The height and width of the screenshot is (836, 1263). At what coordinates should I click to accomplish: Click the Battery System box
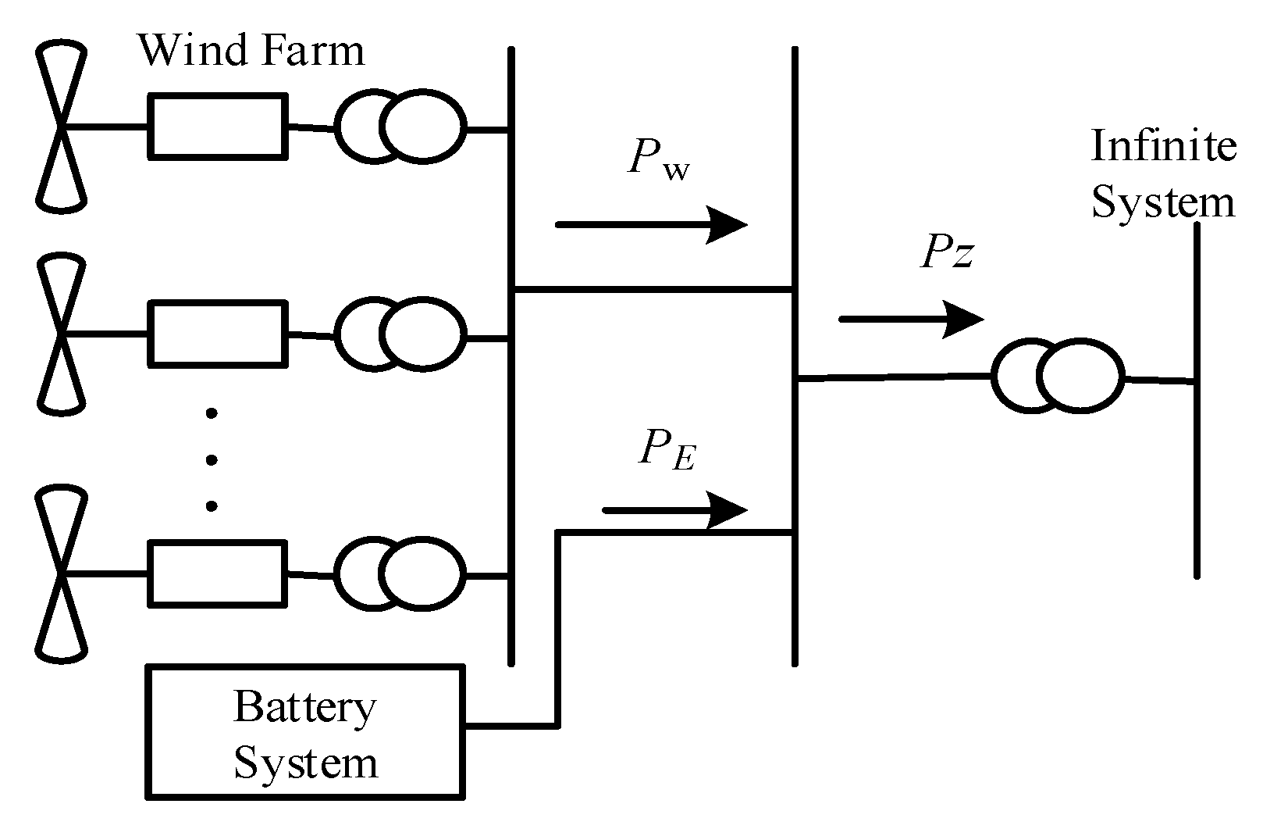(305, 732)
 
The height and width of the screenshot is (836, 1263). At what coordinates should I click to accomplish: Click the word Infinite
(1162, 145)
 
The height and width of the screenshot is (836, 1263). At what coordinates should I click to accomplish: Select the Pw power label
(657, 161)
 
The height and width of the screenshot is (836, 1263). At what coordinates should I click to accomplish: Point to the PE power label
(666, 451)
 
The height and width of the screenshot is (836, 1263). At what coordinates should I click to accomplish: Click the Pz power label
(947, 253)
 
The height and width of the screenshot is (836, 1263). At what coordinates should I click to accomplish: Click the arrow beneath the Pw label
(651, 225)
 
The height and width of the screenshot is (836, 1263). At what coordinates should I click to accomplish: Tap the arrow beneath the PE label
(674, 511)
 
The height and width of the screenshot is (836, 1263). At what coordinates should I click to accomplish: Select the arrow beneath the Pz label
(910, 319)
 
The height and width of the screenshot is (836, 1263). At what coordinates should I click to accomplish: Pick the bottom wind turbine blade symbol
(61, 574)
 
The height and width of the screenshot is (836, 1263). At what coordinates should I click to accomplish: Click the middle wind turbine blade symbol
(61, 334)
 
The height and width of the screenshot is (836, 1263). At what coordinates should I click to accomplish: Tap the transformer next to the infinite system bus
(1058, 377)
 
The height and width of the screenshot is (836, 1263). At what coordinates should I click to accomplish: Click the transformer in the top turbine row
(400, 127)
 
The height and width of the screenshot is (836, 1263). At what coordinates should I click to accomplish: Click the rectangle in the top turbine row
(217, 127)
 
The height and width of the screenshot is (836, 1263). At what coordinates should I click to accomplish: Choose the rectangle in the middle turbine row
(217, 334)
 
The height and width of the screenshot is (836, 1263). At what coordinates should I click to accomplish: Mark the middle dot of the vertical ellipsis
(212, 460)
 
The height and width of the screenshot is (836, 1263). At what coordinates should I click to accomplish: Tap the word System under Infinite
(1162, 202)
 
